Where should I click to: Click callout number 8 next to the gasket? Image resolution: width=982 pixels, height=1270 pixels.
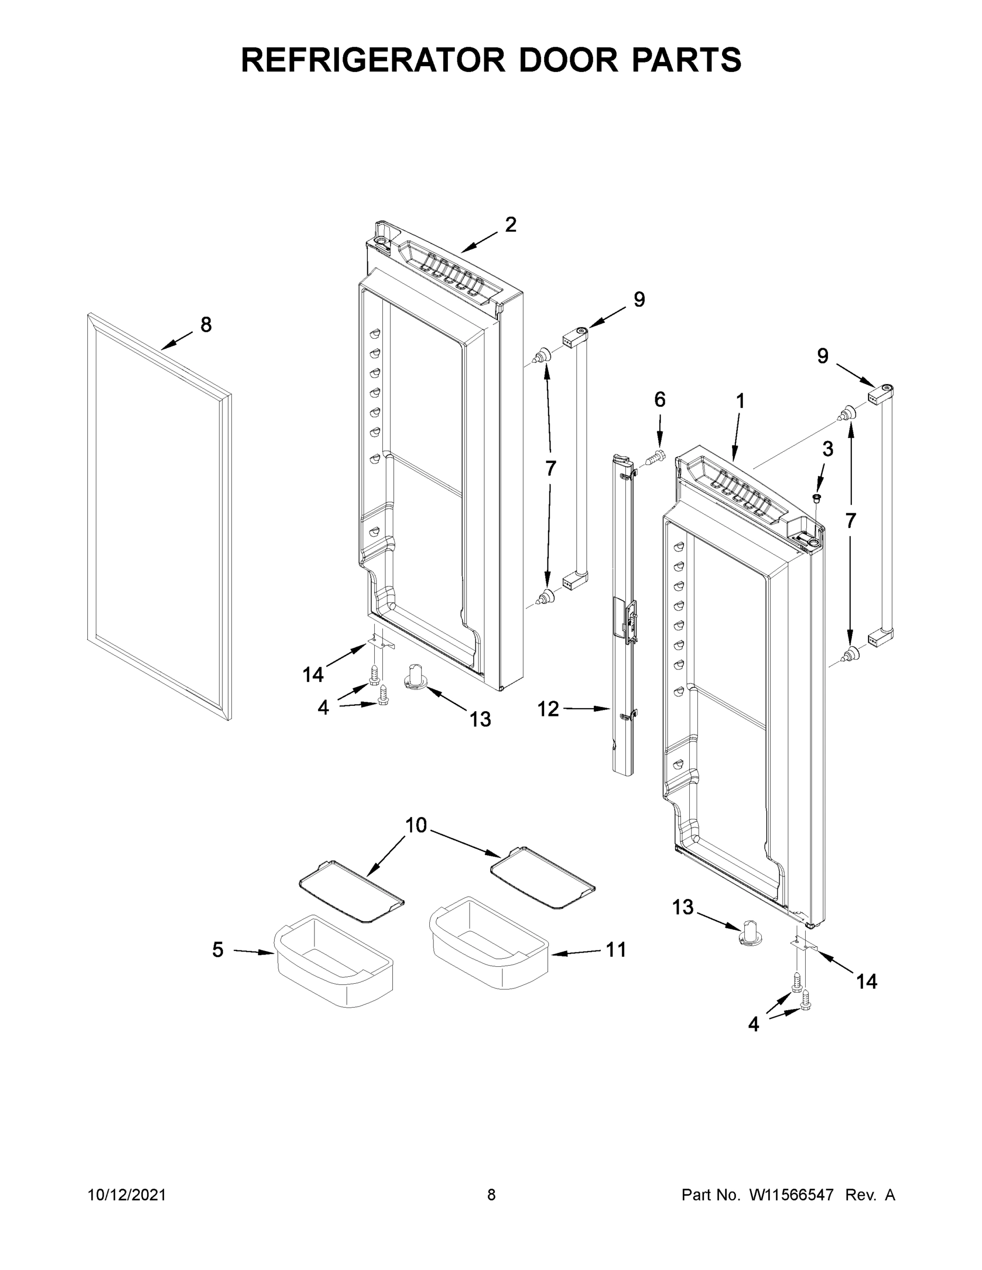[x=206, y=324]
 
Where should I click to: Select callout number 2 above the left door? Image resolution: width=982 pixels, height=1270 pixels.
[x=510, y=224]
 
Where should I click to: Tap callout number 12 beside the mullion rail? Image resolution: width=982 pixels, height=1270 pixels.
[x=548, y=709]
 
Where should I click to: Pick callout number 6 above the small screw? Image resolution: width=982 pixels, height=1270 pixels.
[x=660, y=400]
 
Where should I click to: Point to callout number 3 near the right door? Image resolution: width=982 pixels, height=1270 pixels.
[x=827, y=449]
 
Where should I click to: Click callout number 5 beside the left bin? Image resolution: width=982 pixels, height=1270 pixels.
[x=218, y=950]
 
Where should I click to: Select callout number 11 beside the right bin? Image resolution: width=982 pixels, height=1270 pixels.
[x=616, y=950]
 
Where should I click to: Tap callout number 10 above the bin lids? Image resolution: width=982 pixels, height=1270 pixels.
[x=416, y=825]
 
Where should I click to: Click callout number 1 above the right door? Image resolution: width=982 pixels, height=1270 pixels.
[x=740, y=401]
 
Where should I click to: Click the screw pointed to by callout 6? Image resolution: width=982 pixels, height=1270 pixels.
[x=655, y=459]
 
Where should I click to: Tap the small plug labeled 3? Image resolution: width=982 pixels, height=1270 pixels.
[x=816, y=498]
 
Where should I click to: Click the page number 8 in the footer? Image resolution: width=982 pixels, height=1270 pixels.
[x=491, y=1195]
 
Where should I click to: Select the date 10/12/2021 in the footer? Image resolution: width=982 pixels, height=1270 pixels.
[x=127, y=1195]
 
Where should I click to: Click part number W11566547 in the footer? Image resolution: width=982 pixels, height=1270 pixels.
[x=791, y=1195]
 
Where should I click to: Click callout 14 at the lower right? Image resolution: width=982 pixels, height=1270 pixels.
[x=866, y=982]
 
